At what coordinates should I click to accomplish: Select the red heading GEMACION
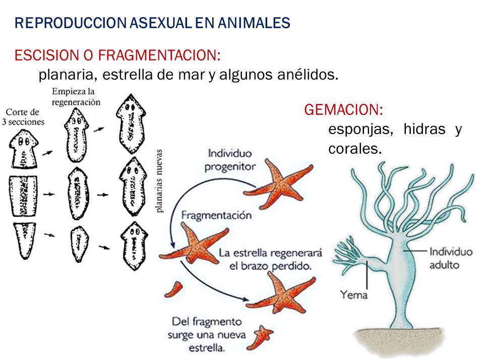(x=343, y=109)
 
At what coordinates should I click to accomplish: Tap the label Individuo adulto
(x=451, y=258)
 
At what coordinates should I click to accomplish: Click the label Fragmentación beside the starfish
(x=217, y=215)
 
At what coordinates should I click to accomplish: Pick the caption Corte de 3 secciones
(x=25, y=117)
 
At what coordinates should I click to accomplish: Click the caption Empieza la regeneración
(x=76, y=96)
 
